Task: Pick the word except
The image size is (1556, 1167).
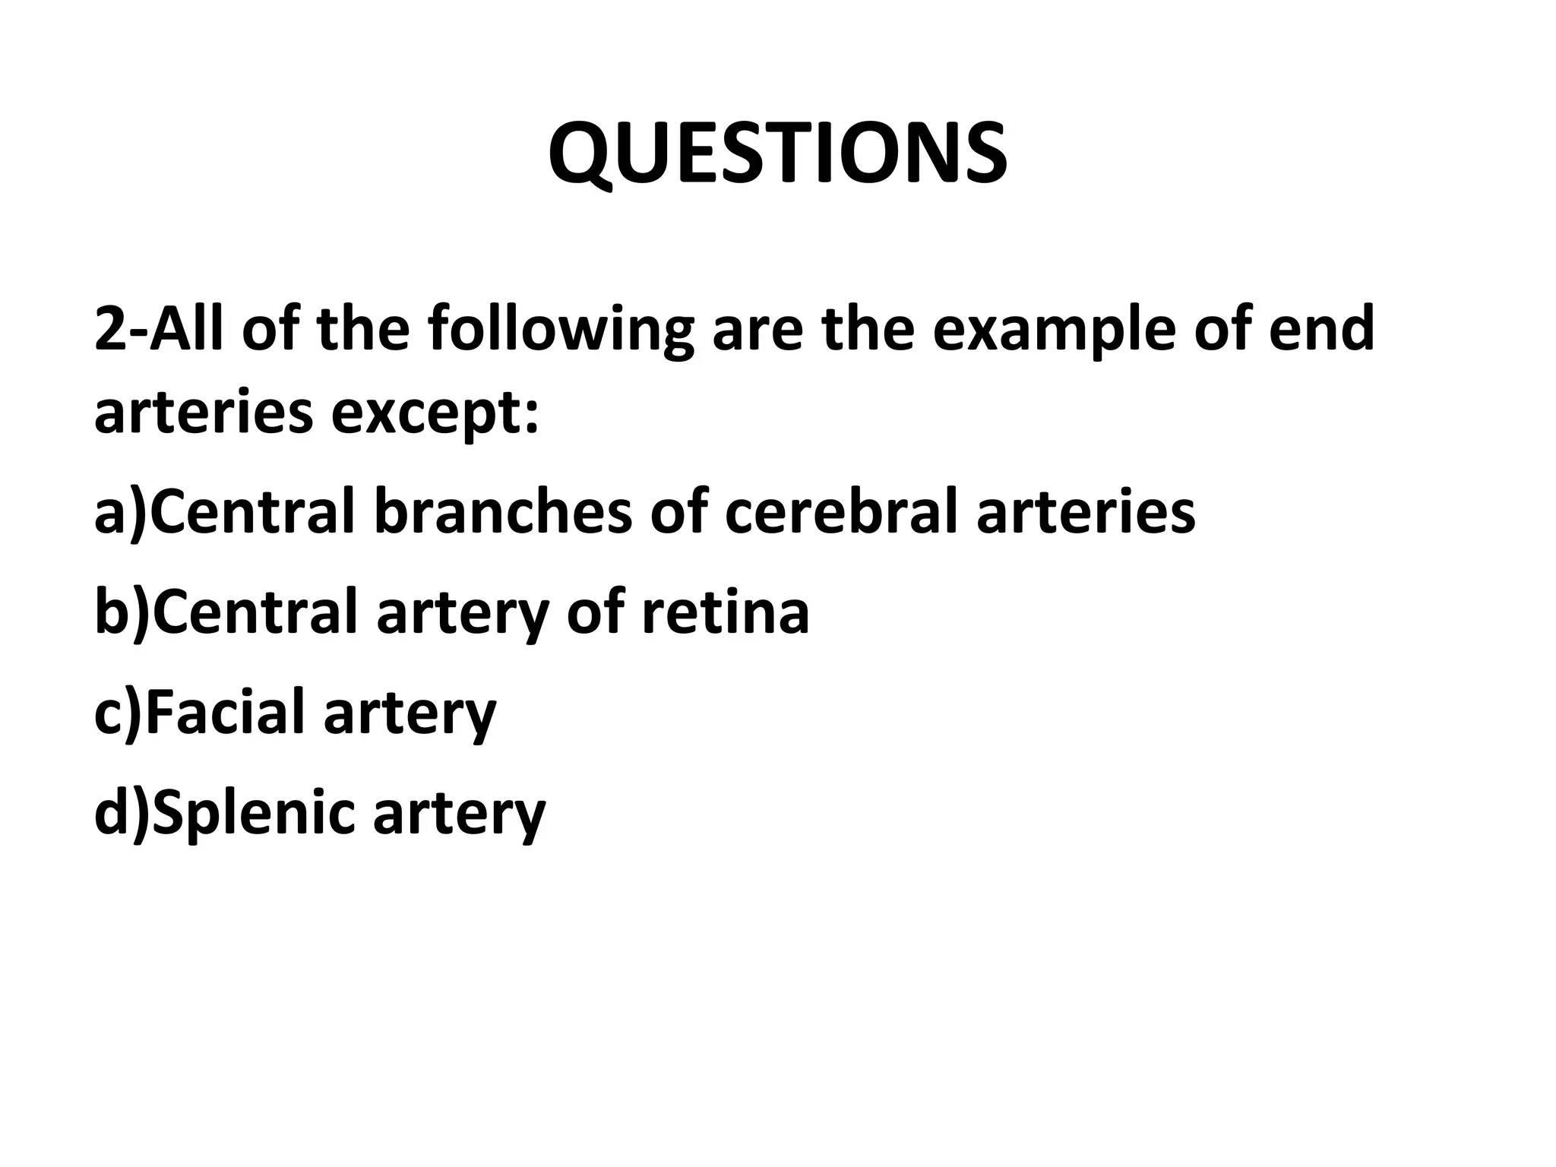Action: tap(435, 414)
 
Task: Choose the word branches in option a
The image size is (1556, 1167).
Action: tap(502, 511)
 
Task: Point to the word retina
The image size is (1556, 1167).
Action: tap(726, 613)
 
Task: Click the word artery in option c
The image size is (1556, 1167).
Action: tap(410, 714)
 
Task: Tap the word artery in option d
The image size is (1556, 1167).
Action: tap(460, 815)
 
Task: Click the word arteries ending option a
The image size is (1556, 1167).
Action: tap(1086, 511)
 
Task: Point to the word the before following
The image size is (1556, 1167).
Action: tap(364, 329)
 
